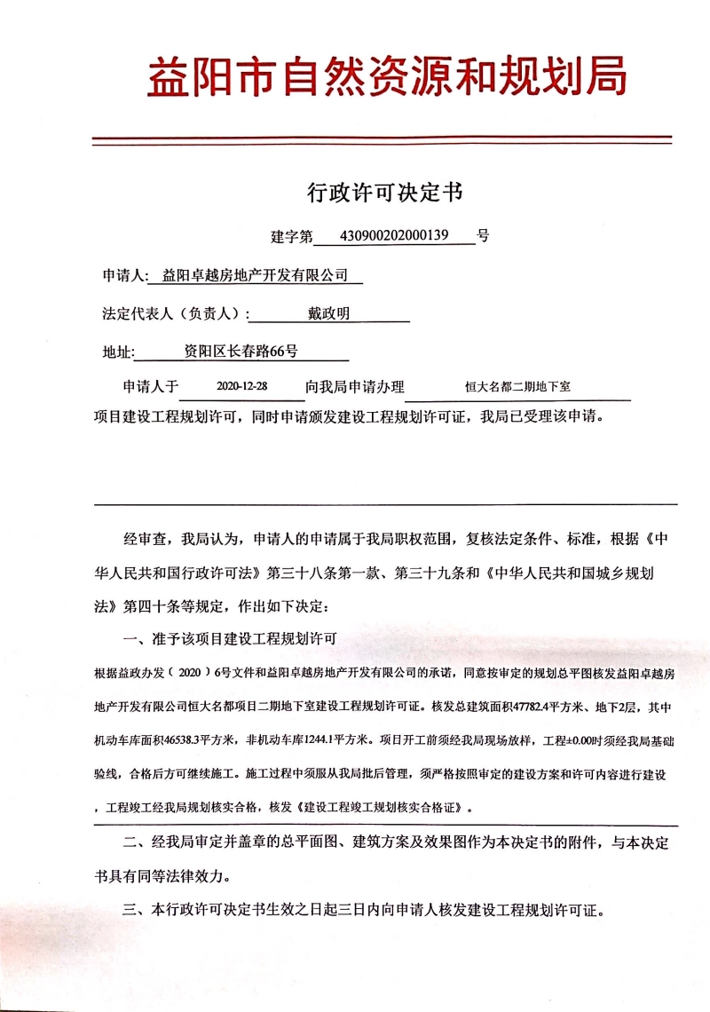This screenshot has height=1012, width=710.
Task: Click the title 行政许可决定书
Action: (385, 192)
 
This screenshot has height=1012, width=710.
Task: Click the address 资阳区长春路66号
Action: (241, 352)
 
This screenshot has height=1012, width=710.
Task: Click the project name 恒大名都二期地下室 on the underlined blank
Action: (517, 388)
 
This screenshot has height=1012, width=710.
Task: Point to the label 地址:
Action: (118, 352)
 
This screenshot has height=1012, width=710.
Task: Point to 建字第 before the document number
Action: (292, 237)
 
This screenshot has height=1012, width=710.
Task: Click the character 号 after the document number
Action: (483, 236)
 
